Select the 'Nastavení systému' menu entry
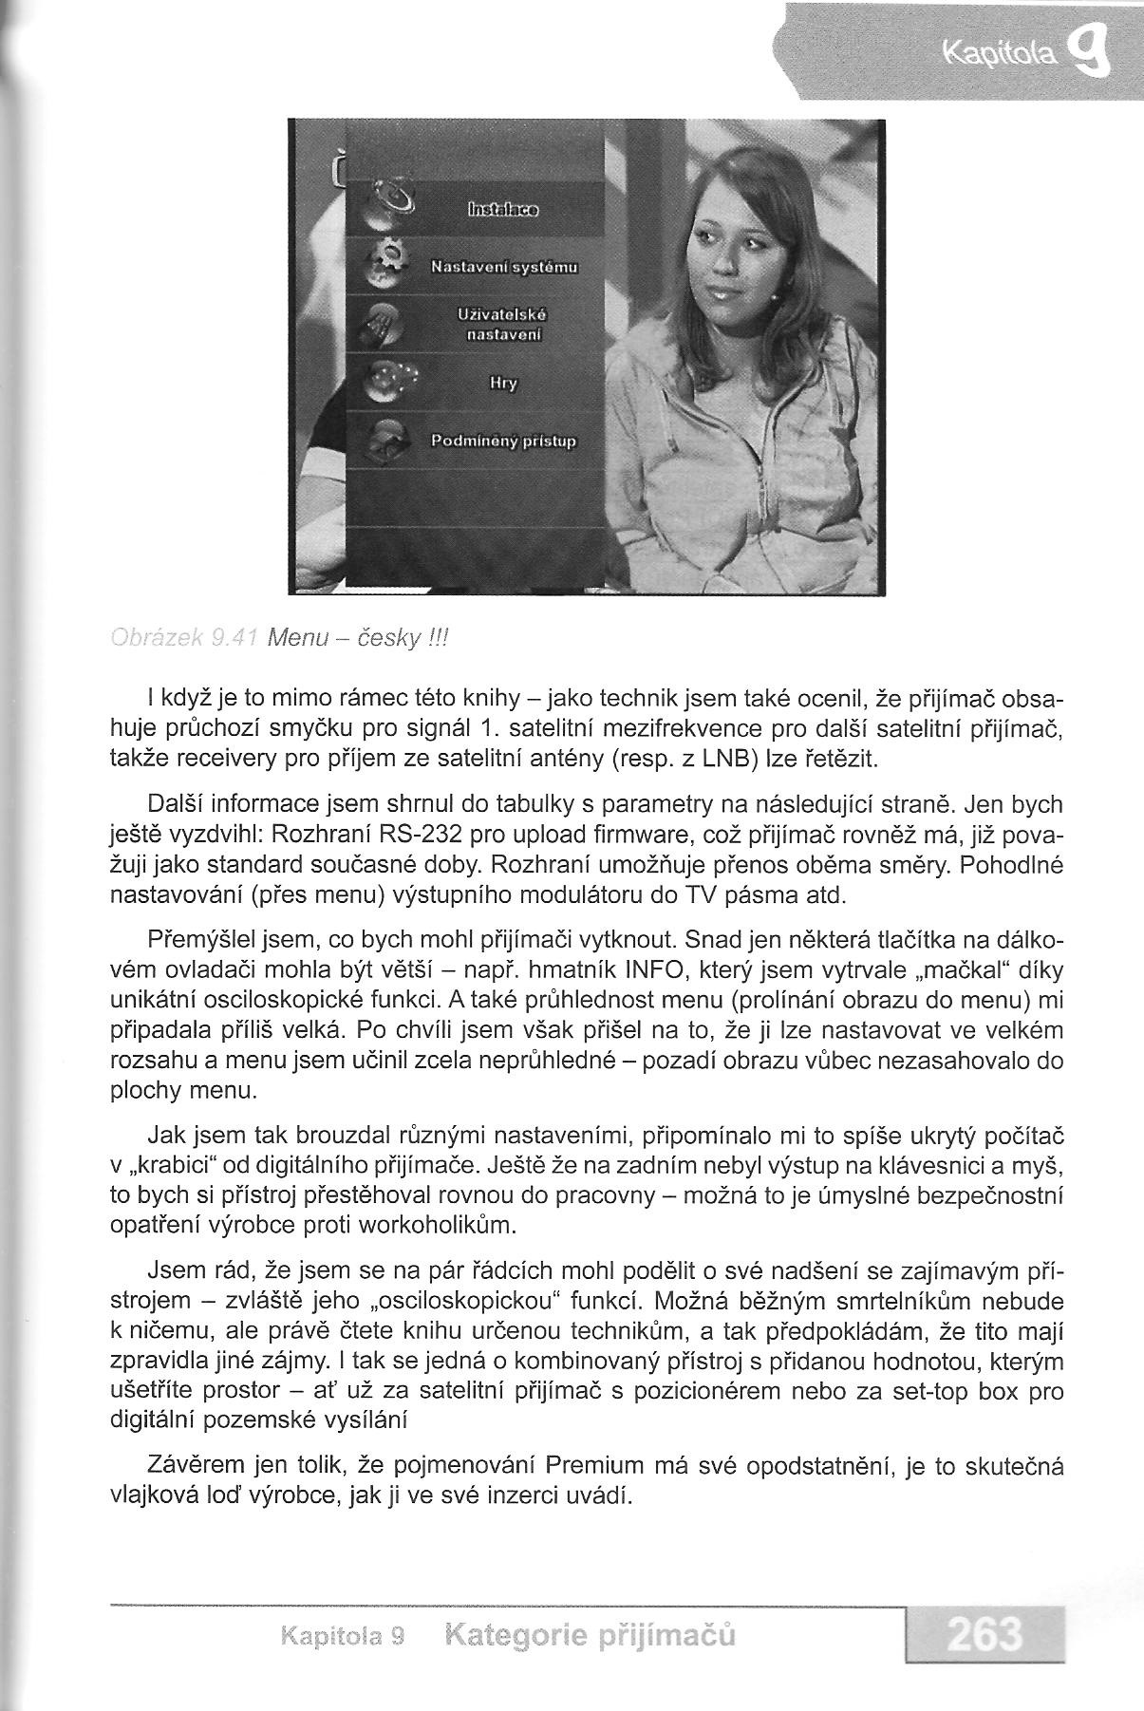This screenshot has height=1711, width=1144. tap(504, 267)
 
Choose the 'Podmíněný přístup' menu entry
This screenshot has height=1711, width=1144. tap(504, 442)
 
